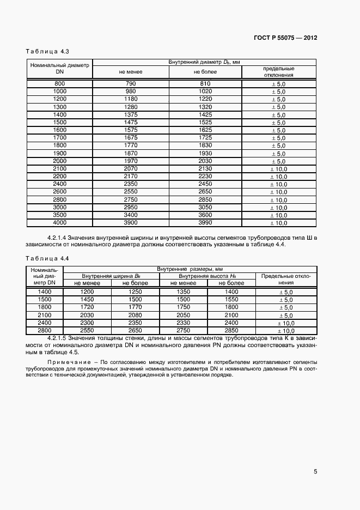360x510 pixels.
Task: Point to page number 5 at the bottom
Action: [315, 472]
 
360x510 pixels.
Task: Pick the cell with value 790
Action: [130, 83]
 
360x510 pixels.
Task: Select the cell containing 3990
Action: [205, 222]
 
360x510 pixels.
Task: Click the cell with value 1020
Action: [205, 92]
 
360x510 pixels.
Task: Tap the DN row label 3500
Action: [60, 215]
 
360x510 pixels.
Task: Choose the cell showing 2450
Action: [205, 184]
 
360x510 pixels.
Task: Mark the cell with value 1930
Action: [205, 153]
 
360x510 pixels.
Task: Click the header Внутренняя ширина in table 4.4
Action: [111, 276]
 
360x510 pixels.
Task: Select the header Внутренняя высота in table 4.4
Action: [206, 276]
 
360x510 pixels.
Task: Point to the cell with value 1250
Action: [135, 292]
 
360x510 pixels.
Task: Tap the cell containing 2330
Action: [183, 323]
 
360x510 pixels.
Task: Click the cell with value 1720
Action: [87, 307]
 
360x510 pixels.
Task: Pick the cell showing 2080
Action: [135, 315]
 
